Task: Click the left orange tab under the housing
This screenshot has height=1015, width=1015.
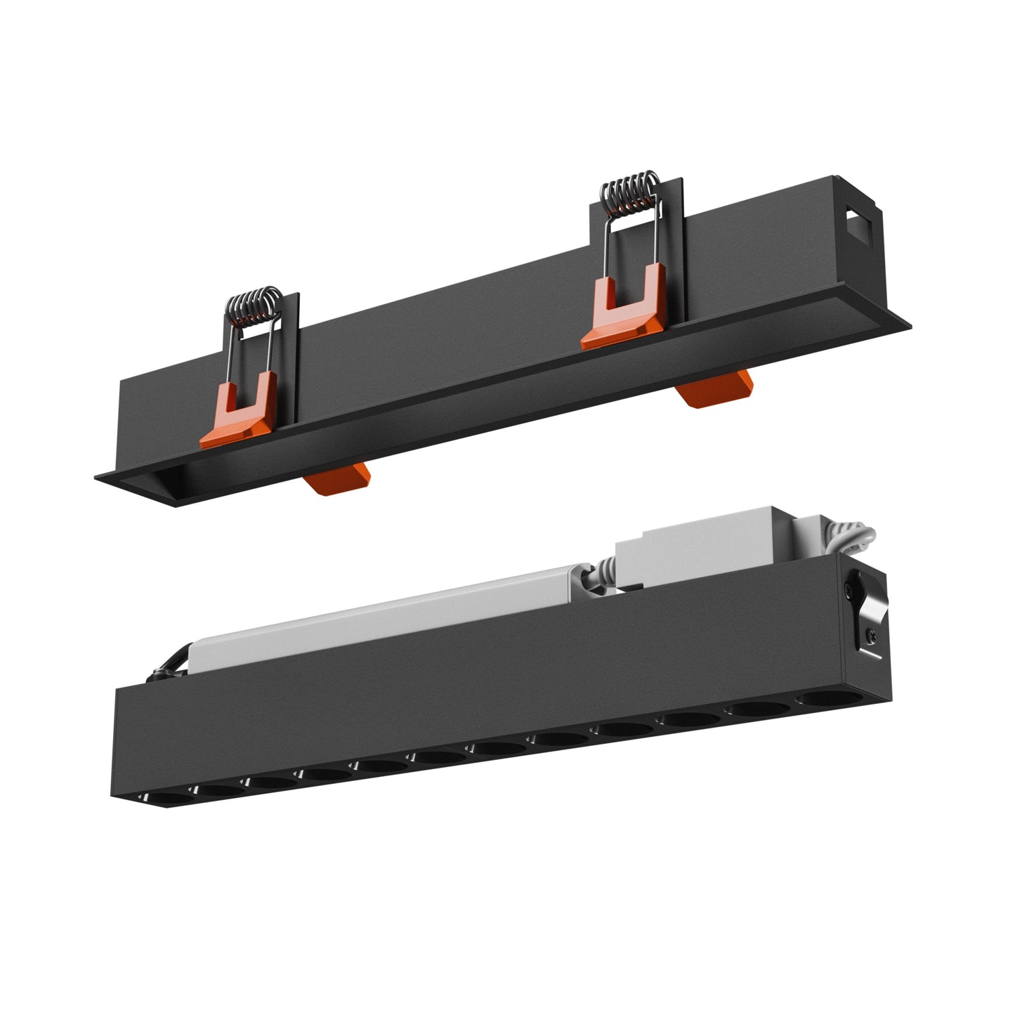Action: pyautogui.click(x=339, y=480)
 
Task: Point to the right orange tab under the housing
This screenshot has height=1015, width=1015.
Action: pyautogui.click(x=715, y=388)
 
